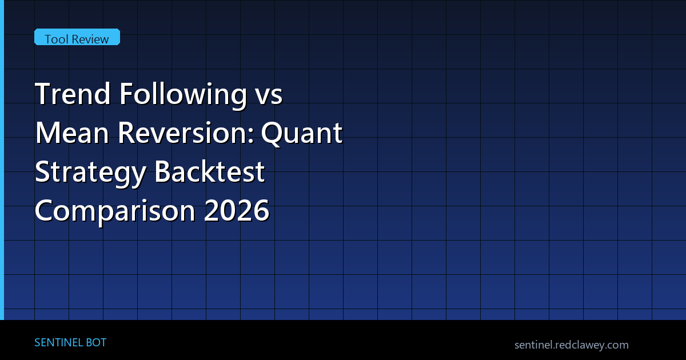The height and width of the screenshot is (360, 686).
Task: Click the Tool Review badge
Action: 77,37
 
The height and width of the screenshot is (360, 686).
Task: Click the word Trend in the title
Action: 73,93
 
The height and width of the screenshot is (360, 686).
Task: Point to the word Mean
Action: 72,133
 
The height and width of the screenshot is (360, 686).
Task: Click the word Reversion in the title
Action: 183,133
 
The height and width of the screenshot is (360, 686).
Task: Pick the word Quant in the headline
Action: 302,134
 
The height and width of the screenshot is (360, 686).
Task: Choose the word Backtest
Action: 209,171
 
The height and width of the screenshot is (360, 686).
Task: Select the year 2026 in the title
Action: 237,210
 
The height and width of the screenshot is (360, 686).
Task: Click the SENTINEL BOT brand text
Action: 70,342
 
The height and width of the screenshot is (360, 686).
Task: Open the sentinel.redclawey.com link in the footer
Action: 572,345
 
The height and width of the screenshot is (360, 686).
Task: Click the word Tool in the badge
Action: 56,39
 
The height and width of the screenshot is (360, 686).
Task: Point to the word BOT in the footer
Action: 96,342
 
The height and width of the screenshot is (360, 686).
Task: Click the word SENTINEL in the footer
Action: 58,342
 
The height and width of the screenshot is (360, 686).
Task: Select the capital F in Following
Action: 126,94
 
